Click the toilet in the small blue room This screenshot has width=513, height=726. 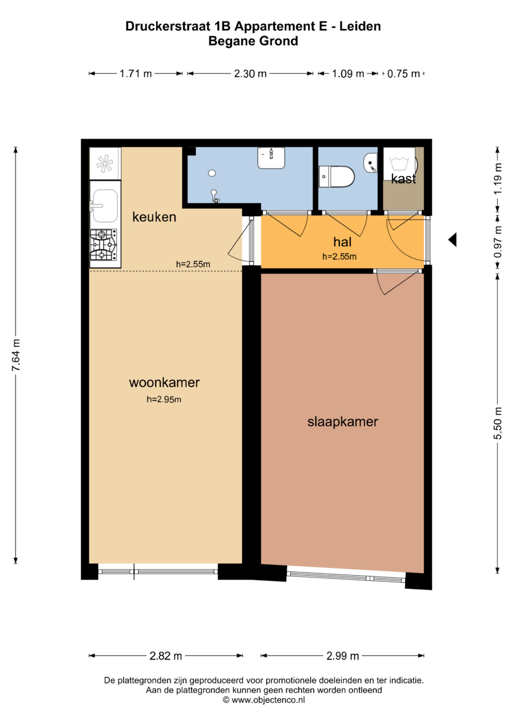336,177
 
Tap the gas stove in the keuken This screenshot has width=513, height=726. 104,245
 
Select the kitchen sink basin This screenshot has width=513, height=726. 105,206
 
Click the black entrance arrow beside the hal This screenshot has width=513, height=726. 452,240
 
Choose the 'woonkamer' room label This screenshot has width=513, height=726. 164,383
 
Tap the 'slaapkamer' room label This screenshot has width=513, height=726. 342,422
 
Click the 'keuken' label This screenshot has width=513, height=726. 154,217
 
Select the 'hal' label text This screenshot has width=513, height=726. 342,242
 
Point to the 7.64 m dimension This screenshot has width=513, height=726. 16,355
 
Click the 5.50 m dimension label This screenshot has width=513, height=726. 498,423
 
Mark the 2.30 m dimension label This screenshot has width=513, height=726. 250,74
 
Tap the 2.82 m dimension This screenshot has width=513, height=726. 165,656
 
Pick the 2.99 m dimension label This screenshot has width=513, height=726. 342,656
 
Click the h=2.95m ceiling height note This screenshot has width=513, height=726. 164,399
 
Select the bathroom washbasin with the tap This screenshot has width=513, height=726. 271,158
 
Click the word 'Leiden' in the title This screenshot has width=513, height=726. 360,26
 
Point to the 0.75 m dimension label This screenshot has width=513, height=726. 404,74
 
